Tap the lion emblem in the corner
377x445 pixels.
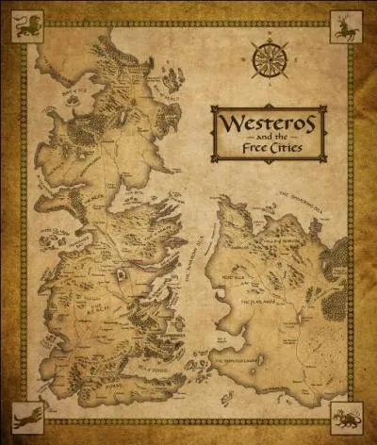(24, 25)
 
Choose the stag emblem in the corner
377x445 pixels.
(348, 26)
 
